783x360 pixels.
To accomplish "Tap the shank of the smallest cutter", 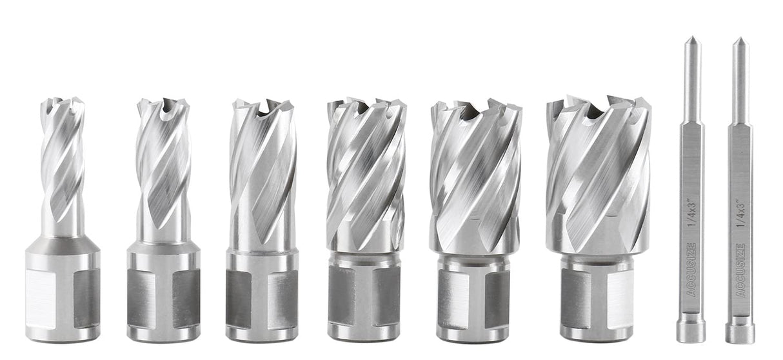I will (x=63, y=294).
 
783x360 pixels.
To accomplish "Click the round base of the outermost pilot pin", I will (x=740, y=332).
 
